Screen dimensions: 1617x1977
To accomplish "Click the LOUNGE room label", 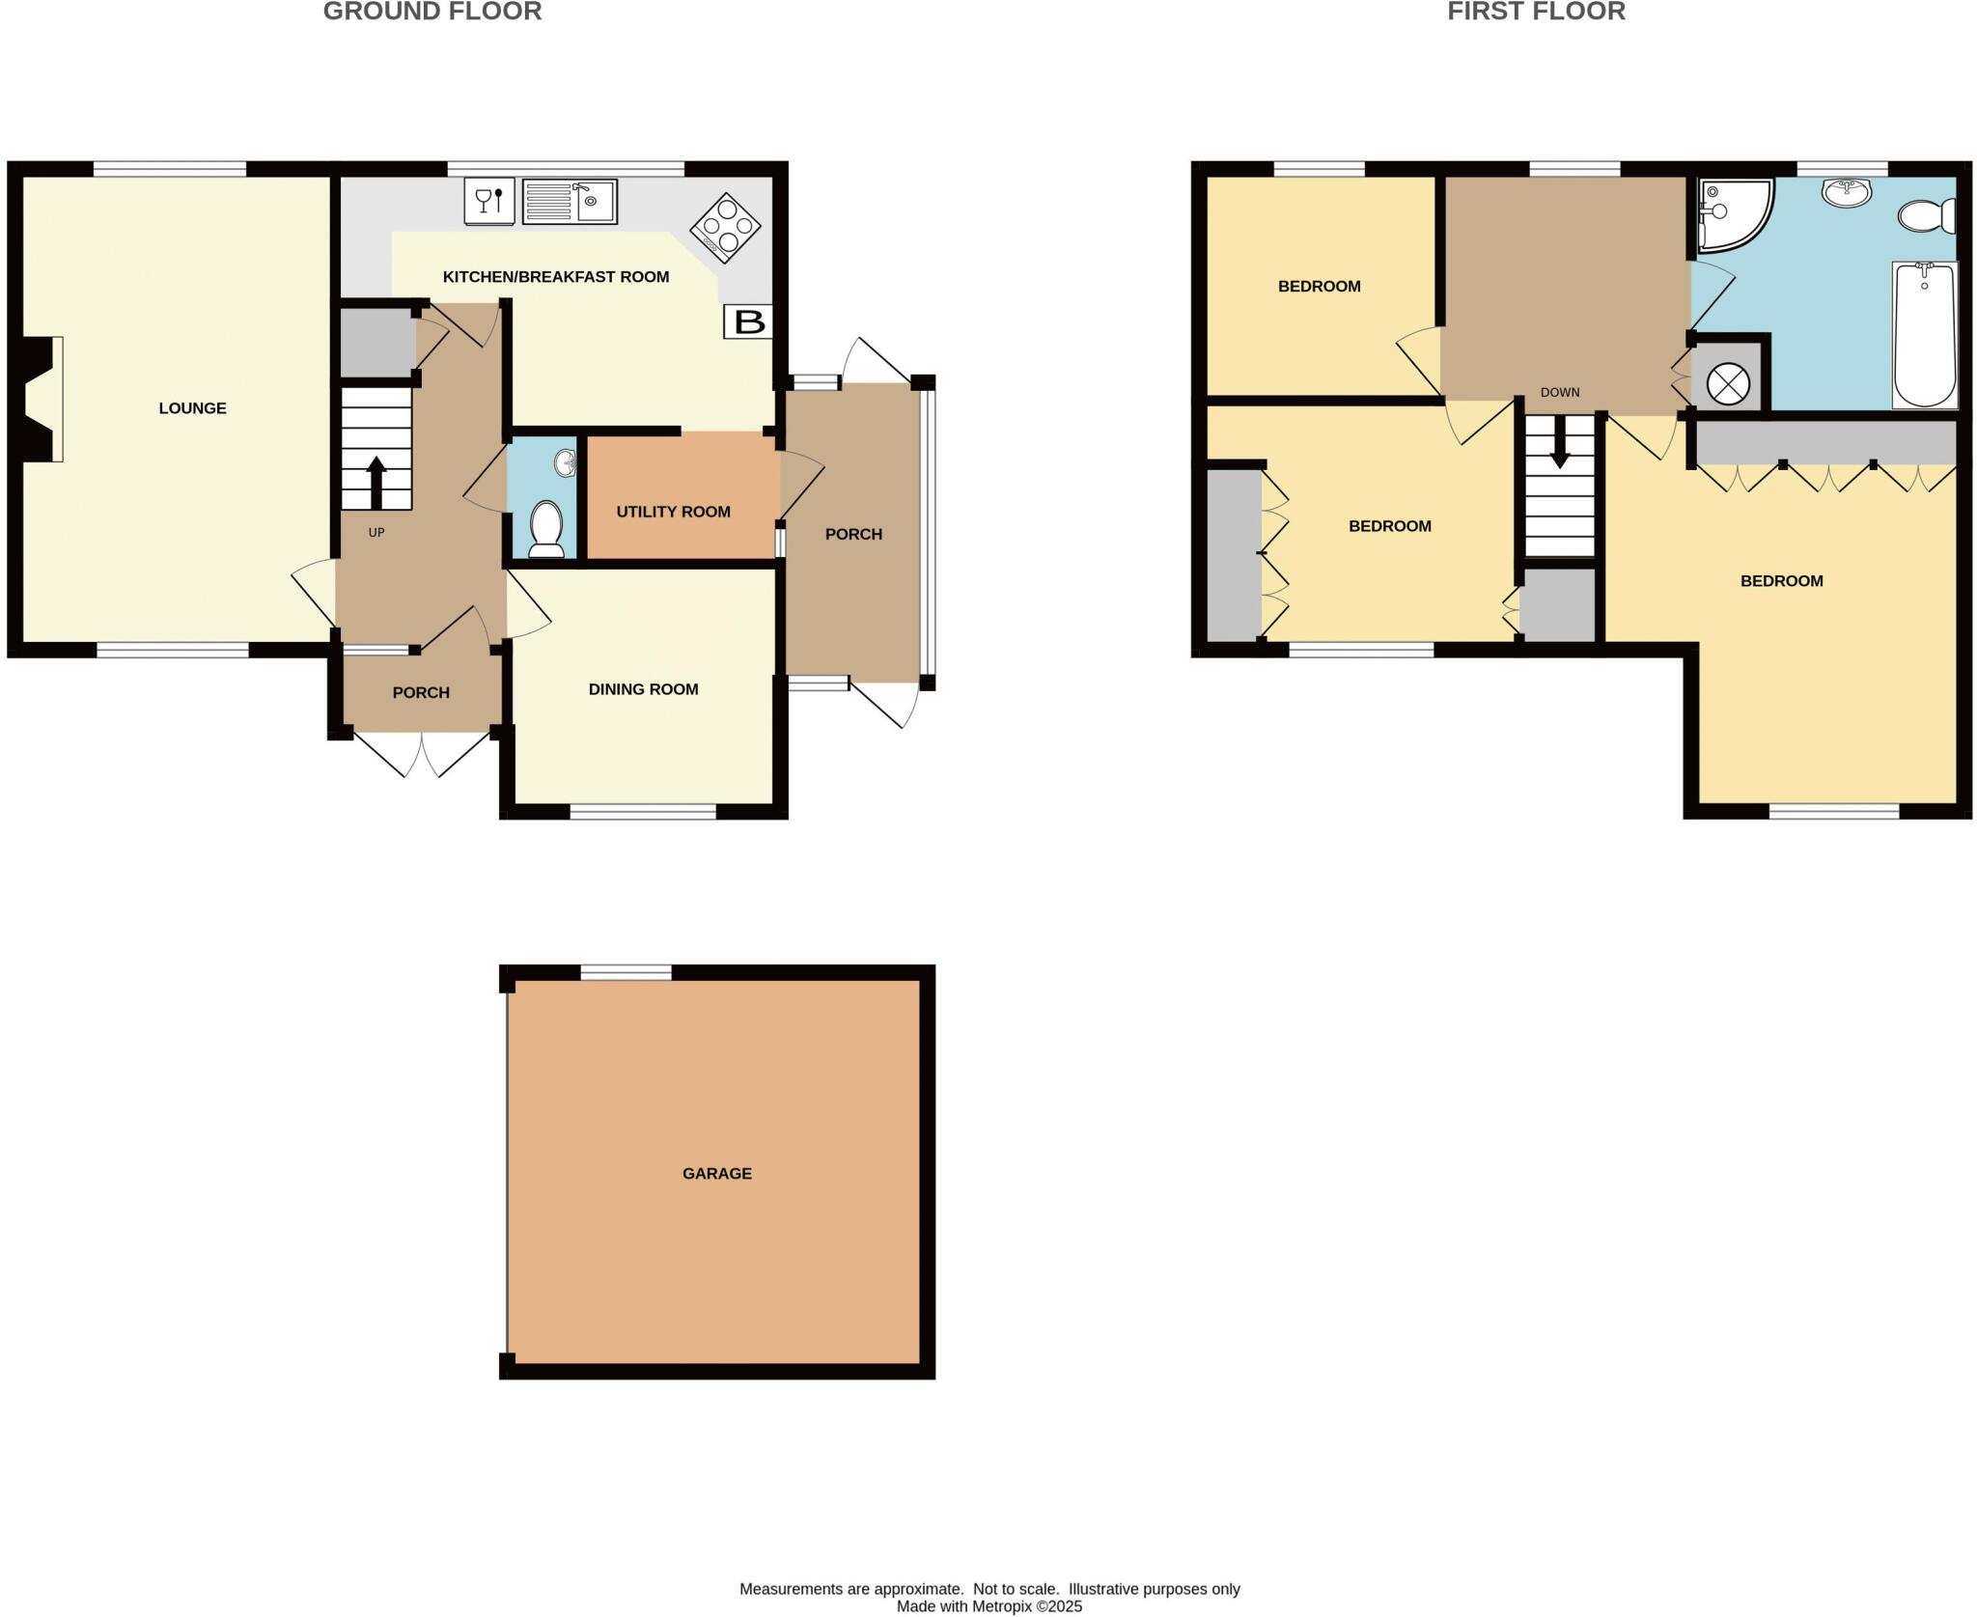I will pyautogui.click(x=192, y=408).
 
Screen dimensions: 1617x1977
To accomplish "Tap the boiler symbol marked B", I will pyautogui.click(x=749, y=321).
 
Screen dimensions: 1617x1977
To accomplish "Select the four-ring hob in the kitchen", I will pyautogui.click(x=725, y=228).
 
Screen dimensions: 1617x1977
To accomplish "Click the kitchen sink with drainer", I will pyautogui.click(x=570, y=203).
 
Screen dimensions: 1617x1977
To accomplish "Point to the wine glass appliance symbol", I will pyautogui.click(x=489, y=201).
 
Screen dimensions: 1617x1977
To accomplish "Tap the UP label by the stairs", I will pyautogui.click(x=376, y=532).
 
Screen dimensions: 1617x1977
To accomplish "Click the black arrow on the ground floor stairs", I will pyautogui.click(x=376, y=482).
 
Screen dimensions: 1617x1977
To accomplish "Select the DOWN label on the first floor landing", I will pyautogui.click(x=1560, y=392).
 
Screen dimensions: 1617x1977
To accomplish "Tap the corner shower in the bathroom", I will pyautogui.click(x=1730, y=210).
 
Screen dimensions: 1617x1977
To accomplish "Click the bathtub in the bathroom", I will pyautogui.click(x=1925, y=334).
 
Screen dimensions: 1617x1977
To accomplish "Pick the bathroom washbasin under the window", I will pyautogui.click(x=1846, y=192).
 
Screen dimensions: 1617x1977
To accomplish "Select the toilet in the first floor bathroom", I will pyautogui.click(x=1927, y=214).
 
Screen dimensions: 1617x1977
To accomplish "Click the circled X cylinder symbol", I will pyautogui.click(x=1728, y=383).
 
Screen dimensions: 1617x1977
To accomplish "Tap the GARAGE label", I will pyautogui.click(x=716, y=1173).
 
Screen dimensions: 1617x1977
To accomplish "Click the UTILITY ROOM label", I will pyautogui.click(x=673, y=512).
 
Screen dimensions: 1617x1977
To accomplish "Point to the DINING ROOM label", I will pyautogui.click(x=643, y=689).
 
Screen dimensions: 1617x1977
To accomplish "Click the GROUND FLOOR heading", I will pyautogui.click(x=432, y=12).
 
